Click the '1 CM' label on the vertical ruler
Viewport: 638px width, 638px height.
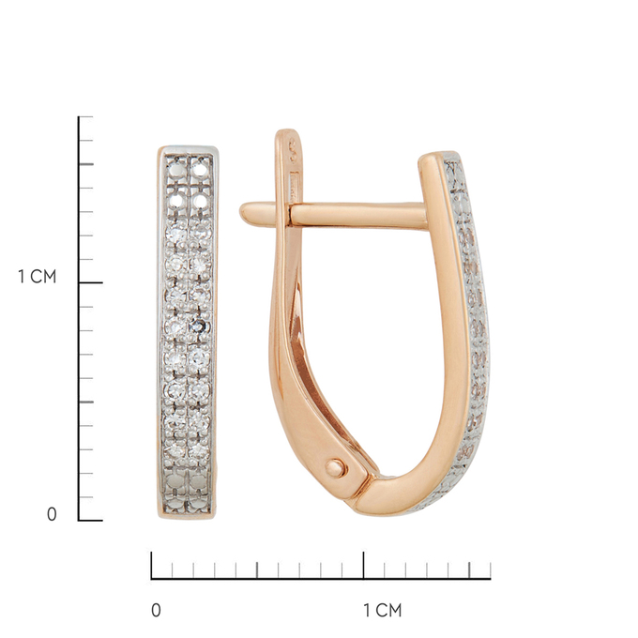(37, 277)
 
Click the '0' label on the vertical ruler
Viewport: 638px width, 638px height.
(52, 514)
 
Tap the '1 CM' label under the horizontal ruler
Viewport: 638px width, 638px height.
(383, 611)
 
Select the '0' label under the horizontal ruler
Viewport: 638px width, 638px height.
(156, 611)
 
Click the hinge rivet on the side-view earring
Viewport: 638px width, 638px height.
(336, 468)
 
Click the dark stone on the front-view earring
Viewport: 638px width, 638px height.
(199, 326)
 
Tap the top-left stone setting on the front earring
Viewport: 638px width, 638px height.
(176, 169)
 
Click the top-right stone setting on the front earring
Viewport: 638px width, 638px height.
(200, 169)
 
